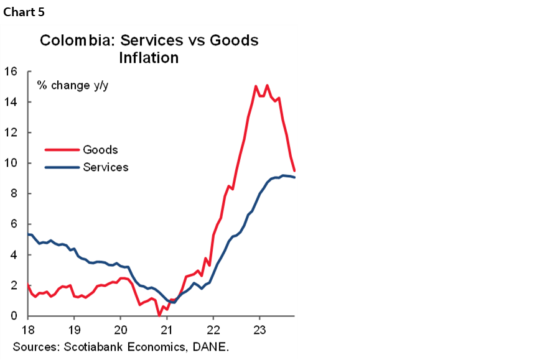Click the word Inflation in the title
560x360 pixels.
149,58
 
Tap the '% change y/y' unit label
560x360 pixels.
72,85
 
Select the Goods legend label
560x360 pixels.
100,150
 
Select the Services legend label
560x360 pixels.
106,167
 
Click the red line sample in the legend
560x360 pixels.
62,150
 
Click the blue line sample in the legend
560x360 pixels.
62,167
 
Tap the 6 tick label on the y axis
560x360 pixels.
13,224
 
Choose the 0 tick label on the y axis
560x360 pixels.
13,316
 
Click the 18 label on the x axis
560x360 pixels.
28,329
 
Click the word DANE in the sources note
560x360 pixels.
211,346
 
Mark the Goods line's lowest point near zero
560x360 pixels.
160,315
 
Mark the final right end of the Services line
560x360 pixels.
294,177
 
